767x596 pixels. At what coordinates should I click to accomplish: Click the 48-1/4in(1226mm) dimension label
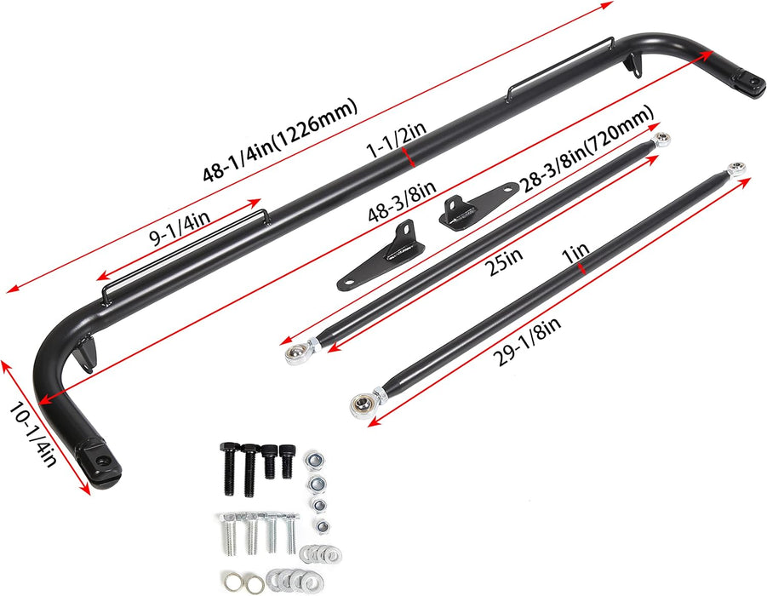[x=280, y=140]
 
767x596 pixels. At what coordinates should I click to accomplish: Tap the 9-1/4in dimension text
[x=180, y=228]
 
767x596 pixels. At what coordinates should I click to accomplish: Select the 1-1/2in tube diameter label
[x=396, y=140]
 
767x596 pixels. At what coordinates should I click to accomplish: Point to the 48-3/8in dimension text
[x=402, y=202]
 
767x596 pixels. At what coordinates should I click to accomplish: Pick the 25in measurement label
[x=503, y=261]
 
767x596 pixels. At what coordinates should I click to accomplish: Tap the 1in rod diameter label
[x=575, y=253]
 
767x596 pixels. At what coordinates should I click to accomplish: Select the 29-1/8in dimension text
[x=526, y=341]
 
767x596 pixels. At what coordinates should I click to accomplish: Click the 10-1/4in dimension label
[x=32, y=434]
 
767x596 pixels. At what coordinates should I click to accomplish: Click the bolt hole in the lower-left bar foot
[x=102, y=461]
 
